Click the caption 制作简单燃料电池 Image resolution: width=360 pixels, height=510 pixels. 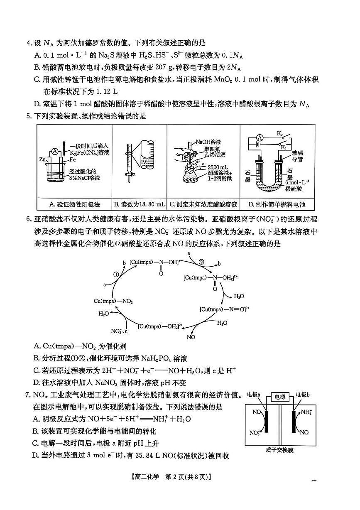tap(277, 204)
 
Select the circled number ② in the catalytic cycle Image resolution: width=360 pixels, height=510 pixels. tap(201, 262)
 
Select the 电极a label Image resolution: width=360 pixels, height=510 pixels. tap(253, 394)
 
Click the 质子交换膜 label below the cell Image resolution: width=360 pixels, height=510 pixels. tap(279, 450)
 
